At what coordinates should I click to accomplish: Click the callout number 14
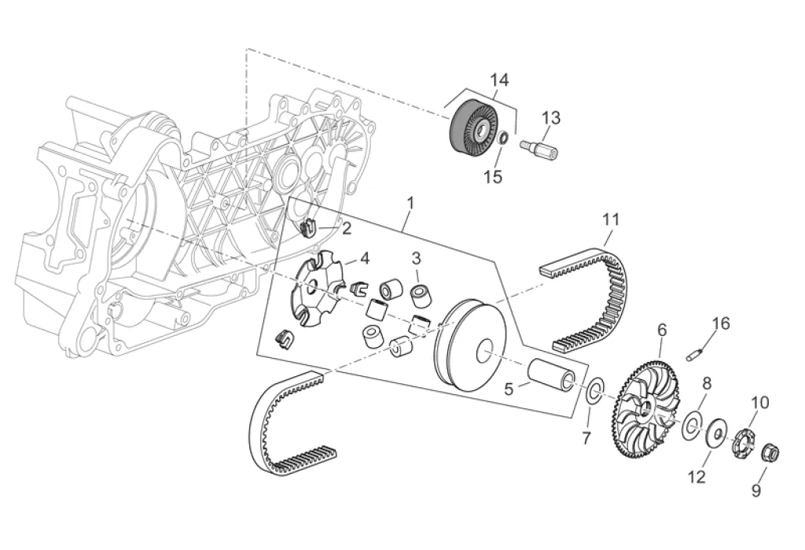[x=498, y=80]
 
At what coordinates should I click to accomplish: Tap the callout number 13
[x=551, y=118]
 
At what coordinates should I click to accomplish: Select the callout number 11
[x=611, y=220]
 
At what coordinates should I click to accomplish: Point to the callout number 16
[x=721, y=323]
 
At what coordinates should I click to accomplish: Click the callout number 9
[x=756, y=490]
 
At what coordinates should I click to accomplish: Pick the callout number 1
[x=410, y=203]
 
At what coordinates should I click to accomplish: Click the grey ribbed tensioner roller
[x=472, y=127]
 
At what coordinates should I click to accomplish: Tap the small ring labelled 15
[x=504, y=137]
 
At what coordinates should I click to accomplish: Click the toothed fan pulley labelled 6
[x=647, y=410]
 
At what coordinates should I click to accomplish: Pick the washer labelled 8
[x=692, y=425]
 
